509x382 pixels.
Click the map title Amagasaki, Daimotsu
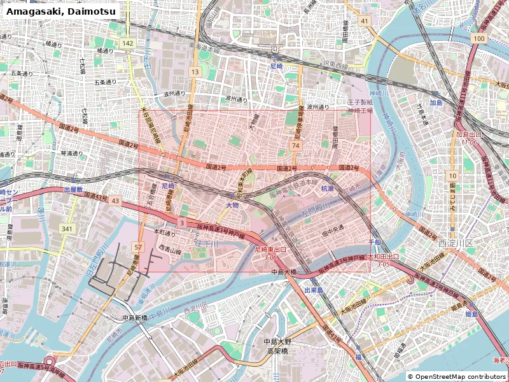pyautogui.click(x=52, y=11)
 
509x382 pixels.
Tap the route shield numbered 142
pyautogui.click(x=129, y=43)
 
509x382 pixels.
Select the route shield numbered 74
pyautogui.click(x=295, y=146)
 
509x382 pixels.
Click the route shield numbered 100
pyautogui.click(x=478, y=39)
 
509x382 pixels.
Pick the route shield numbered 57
pyautogui.click(x=139, y=246)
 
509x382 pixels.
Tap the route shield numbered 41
pyautogui.click(x=364, y=21)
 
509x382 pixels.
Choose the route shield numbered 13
pyautogui.click(x=195, y=73)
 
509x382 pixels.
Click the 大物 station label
pyautogui.click(x=233, y=205)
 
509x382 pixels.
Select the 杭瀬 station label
pyautogui.click(x=327, y=188)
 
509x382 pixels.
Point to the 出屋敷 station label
pyautogui.click(x=73, y=189)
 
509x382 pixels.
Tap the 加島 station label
pyautogui.click(x=435, y=103)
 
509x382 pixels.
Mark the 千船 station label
pyautogui.click(x=375, y=243)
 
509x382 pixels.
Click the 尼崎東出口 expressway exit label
pyautogui.click(x=270, y=250)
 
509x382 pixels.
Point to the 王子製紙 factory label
pyautogui.click(x=359, y=102)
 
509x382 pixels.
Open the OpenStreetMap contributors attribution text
pyautogui.click(x=456, y=377)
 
